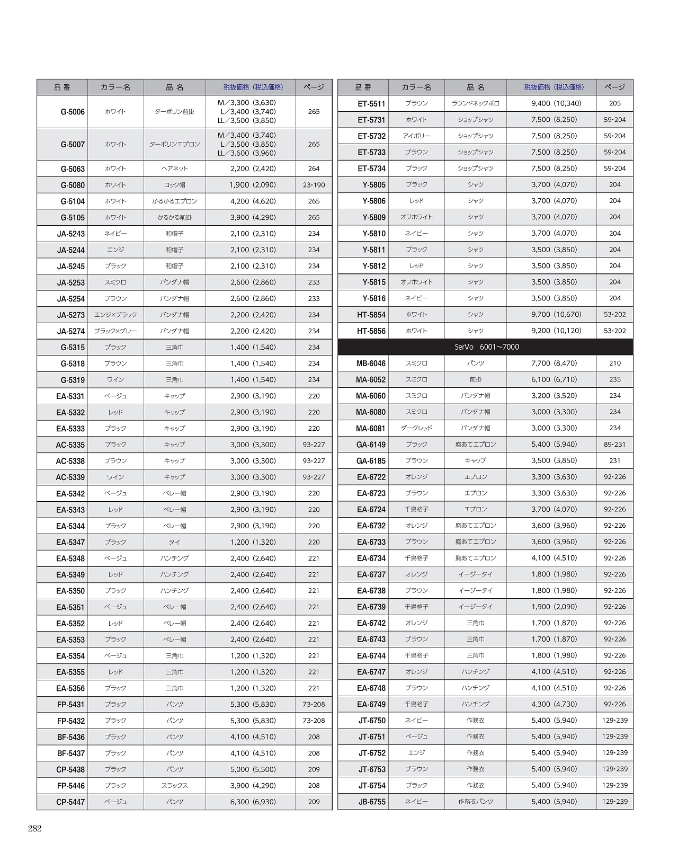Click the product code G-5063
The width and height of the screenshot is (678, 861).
(x=73, y=169)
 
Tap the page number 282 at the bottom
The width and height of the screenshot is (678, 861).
(x=34, y=829)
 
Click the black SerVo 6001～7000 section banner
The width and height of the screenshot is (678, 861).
(x=485, y=347)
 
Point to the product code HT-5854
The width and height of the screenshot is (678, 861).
(x=371, y=315)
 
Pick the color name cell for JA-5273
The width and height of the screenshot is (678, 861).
(x=115, y=315)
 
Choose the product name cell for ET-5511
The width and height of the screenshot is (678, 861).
(x=475, y=103)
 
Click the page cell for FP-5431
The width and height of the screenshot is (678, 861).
(x=314, y=704)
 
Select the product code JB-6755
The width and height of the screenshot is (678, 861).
(x=372, y=802)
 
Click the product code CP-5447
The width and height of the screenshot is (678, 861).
(x=70, y=802)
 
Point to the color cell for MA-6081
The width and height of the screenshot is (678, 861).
(x=416, y=428)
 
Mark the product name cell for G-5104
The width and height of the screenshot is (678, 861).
(x=174, y=201)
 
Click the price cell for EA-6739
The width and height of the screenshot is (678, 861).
(x=554, y=607)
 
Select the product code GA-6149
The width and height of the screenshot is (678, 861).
(x=371, y=445)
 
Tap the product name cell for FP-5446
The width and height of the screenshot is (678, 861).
(x=174, y=785)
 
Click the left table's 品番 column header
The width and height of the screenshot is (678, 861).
(x=62, y=87)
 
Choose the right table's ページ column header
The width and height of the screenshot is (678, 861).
(x=614, y=87)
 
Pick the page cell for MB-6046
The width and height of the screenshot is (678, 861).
(x=614, y=363)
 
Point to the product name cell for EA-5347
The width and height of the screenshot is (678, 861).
(x=174, y=542)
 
